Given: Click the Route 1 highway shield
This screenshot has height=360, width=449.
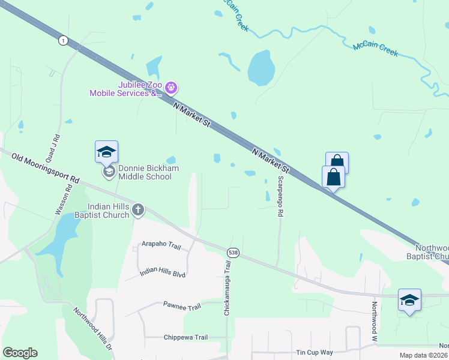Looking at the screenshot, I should (x=63, y=40).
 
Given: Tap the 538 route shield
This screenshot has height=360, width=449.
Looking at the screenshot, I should (x=233, y=253).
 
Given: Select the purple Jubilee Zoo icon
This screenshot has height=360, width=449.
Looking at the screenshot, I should (x=171, y=89).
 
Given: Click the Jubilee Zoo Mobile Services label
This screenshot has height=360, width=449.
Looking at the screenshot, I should (x=126, y=89).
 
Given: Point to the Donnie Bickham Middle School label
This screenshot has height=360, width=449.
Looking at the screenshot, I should (x=148, y=172).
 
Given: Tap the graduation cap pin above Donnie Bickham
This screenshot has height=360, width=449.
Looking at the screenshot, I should (x=106, y=151).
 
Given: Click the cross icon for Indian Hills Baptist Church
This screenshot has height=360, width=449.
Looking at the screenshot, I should (x=138, y=209).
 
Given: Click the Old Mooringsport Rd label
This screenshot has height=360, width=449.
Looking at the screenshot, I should (x=45, y=167).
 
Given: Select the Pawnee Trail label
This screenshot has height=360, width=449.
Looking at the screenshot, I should (x=182, y=307).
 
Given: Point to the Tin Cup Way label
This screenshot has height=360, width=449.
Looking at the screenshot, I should (x=315, y=353).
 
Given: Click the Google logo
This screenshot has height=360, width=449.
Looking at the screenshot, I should (x=20, y=353).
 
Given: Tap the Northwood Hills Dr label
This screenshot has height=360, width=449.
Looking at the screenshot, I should (x=93, y=329).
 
